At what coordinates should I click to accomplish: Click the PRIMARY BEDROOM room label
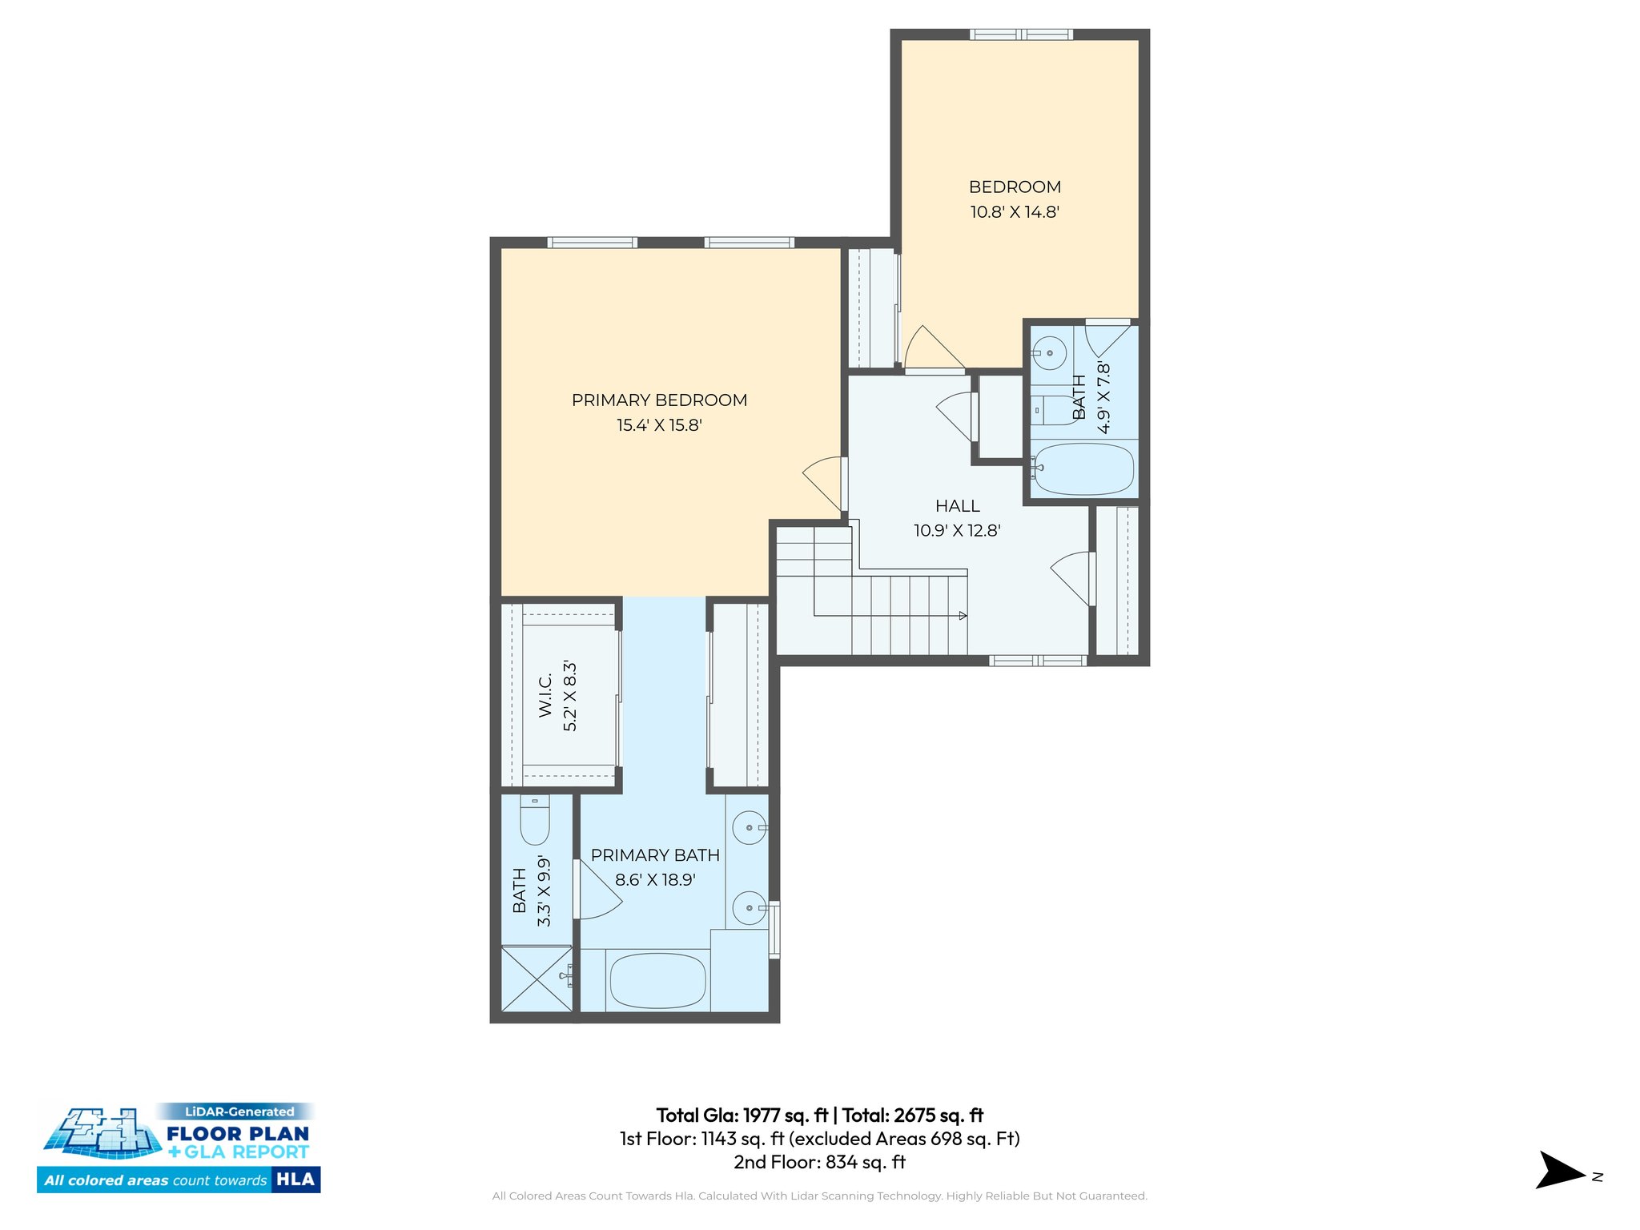[x=659, y=400]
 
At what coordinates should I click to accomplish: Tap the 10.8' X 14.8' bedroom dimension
[x=1015, y=212]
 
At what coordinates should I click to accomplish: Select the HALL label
[x=957, y=506]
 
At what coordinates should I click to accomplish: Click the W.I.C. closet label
[x=545, y=695]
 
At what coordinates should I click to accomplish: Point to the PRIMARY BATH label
[x=655, y=855]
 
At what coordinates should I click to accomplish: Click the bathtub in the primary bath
[x=657, y=981]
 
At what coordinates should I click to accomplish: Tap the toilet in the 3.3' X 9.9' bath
[x=535, y=822]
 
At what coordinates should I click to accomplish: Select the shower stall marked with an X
[x=536, y=979]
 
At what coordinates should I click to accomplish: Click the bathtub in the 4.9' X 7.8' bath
[x=1083, y=469]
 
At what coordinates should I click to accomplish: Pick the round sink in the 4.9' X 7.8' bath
[x=1049, y=352]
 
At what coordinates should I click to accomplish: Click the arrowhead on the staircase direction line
[x=963, y=615]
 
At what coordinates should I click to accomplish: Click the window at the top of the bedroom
[x=1021, y=34]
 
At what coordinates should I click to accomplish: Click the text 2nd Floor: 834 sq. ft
[x=819, y=1162]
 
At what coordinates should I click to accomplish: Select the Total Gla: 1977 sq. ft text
[x=742, y=1115]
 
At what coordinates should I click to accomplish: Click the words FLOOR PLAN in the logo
[x=238, y=1133]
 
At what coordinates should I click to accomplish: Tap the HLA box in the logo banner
[x=295, y=1180]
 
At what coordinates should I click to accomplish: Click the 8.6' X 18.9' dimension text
[x=655, y=880]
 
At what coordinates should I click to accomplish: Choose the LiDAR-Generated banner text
[x=239, y=1111]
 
